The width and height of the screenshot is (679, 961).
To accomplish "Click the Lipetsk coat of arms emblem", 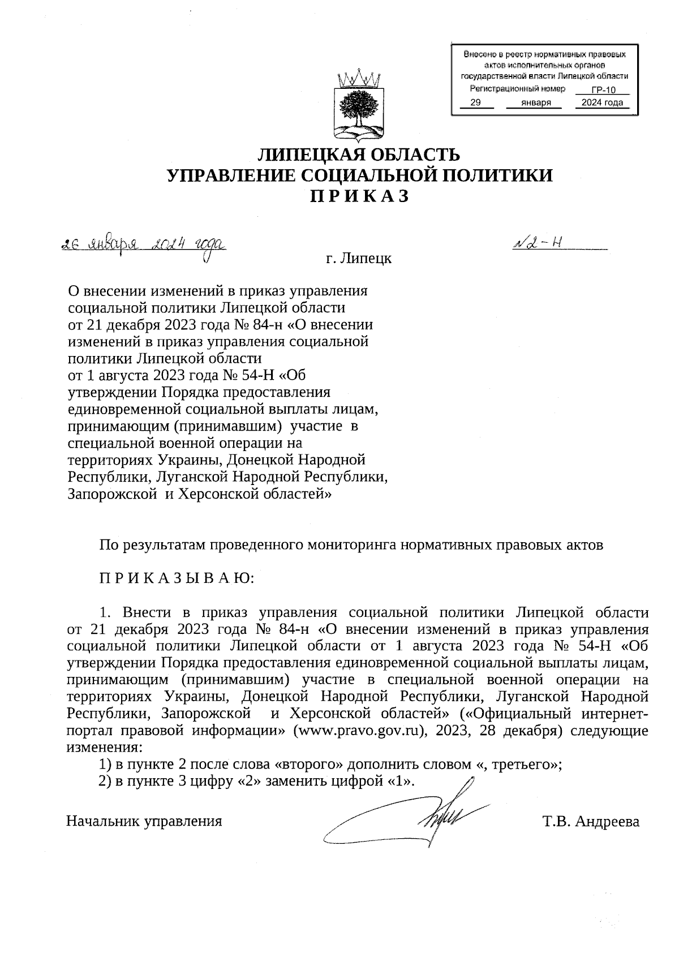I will click(358, 106).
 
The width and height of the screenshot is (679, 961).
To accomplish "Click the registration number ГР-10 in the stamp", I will click(603, 91).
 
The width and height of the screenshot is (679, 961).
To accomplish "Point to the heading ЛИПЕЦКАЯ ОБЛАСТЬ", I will click(359, 155).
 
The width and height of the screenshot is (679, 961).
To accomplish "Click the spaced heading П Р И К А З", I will click(359, 196).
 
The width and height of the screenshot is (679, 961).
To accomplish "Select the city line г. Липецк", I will click(359, 259).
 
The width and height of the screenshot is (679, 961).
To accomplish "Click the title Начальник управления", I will click(144, 821).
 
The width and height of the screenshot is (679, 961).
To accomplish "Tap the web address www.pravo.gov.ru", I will click(358, 730).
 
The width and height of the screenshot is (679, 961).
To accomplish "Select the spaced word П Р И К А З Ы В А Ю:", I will click(177, 578).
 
